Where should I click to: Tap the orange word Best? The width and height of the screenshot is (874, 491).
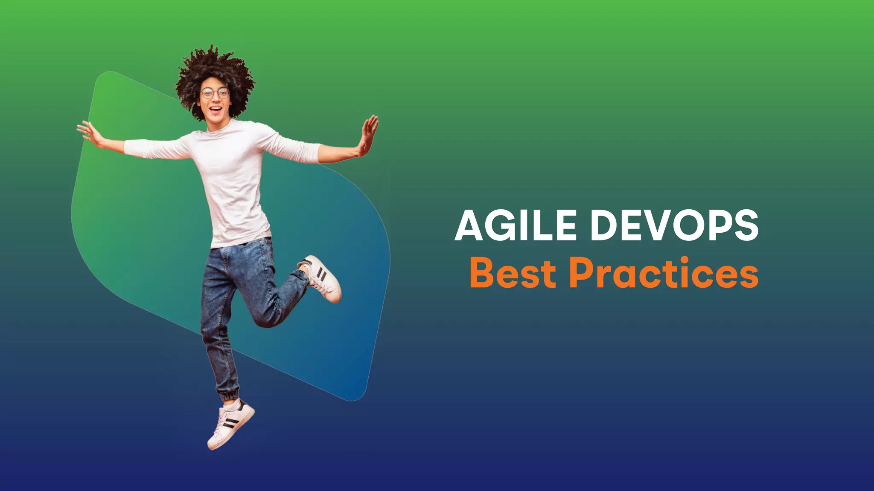coord(513,273)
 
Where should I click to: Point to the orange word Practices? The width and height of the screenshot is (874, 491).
coord(664,273)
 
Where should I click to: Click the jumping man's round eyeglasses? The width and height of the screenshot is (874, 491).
coord(215,93)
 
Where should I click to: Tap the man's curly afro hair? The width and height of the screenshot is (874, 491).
coord(213,68)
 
